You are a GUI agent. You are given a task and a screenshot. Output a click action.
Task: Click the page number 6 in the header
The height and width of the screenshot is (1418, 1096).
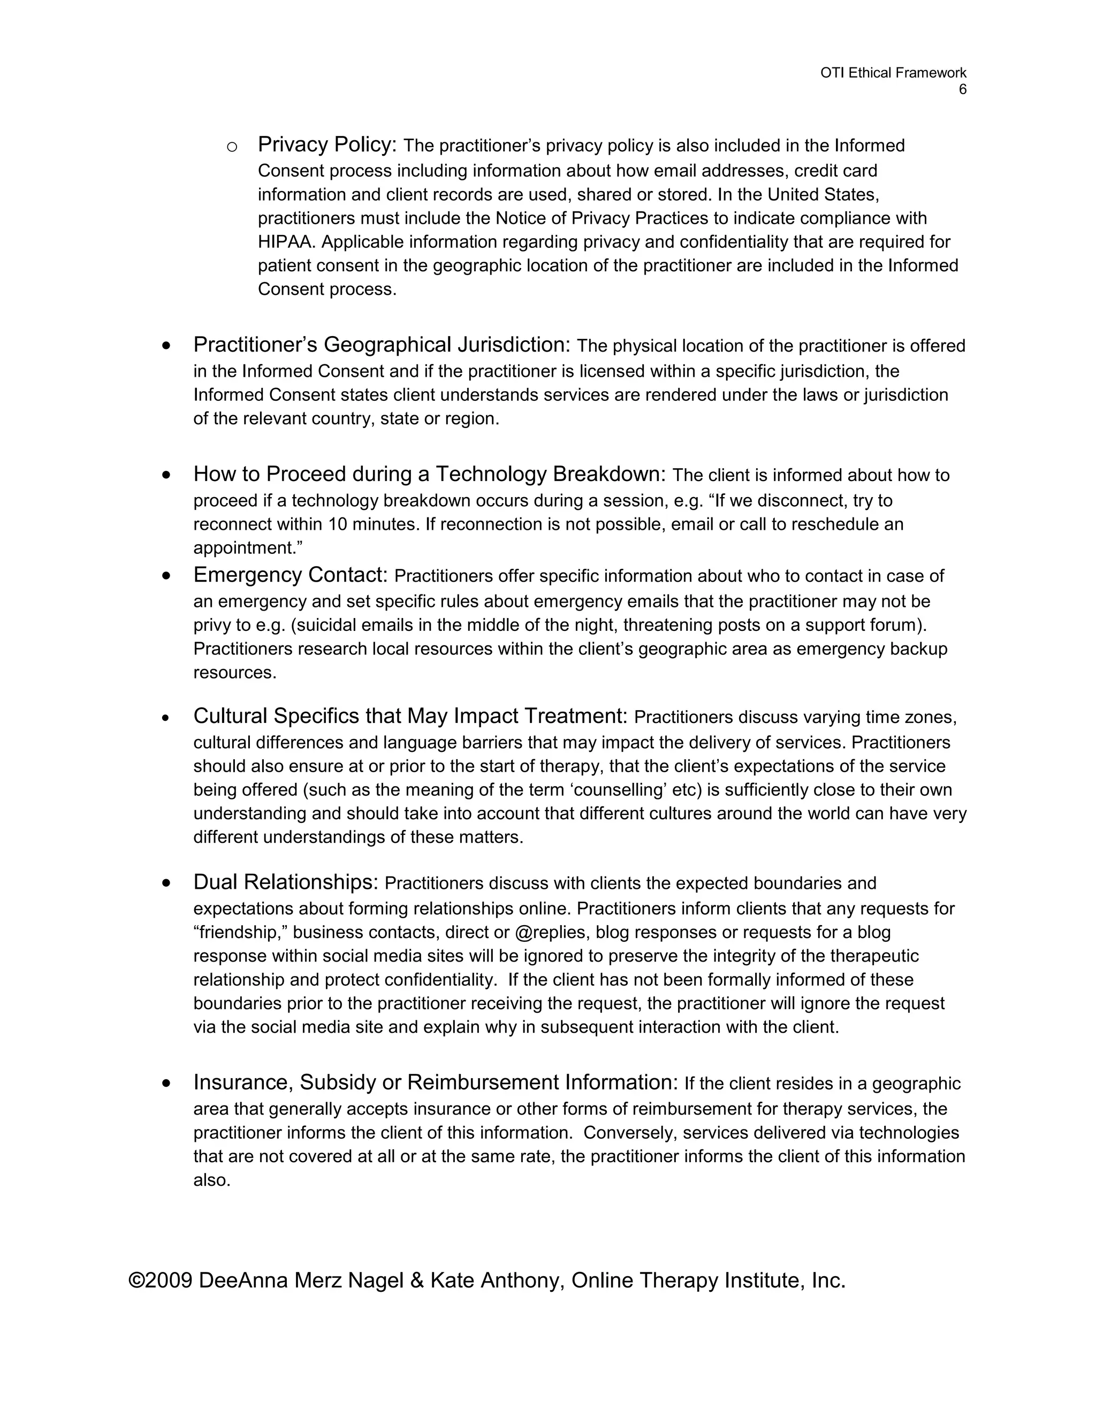click(962, 89)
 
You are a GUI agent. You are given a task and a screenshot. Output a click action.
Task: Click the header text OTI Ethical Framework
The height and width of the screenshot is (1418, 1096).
click(893, 73)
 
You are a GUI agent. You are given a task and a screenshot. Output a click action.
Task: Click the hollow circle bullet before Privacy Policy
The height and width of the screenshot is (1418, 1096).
click(232, 147)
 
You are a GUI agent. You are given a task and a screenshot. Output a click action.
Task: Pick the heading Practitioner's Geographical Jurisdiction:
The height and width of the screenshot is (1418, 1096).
click(381, 344)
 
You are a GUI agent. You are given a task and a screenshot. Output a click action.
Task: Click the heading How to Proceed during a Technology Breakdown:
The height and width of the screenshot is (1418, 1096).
click(429, 474)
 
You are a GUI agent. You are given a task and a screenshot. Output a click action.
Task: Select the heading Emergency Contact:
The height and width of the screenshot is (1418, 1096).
click(290, 575)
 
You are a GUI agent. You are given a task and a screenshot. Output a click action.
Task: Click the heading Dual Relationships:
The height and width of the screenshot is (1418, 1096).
click(286, 882)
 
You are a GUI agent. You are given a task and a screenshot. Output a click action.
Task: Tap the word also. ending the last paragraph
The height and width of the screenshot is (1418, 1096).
click(212, 1180)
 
